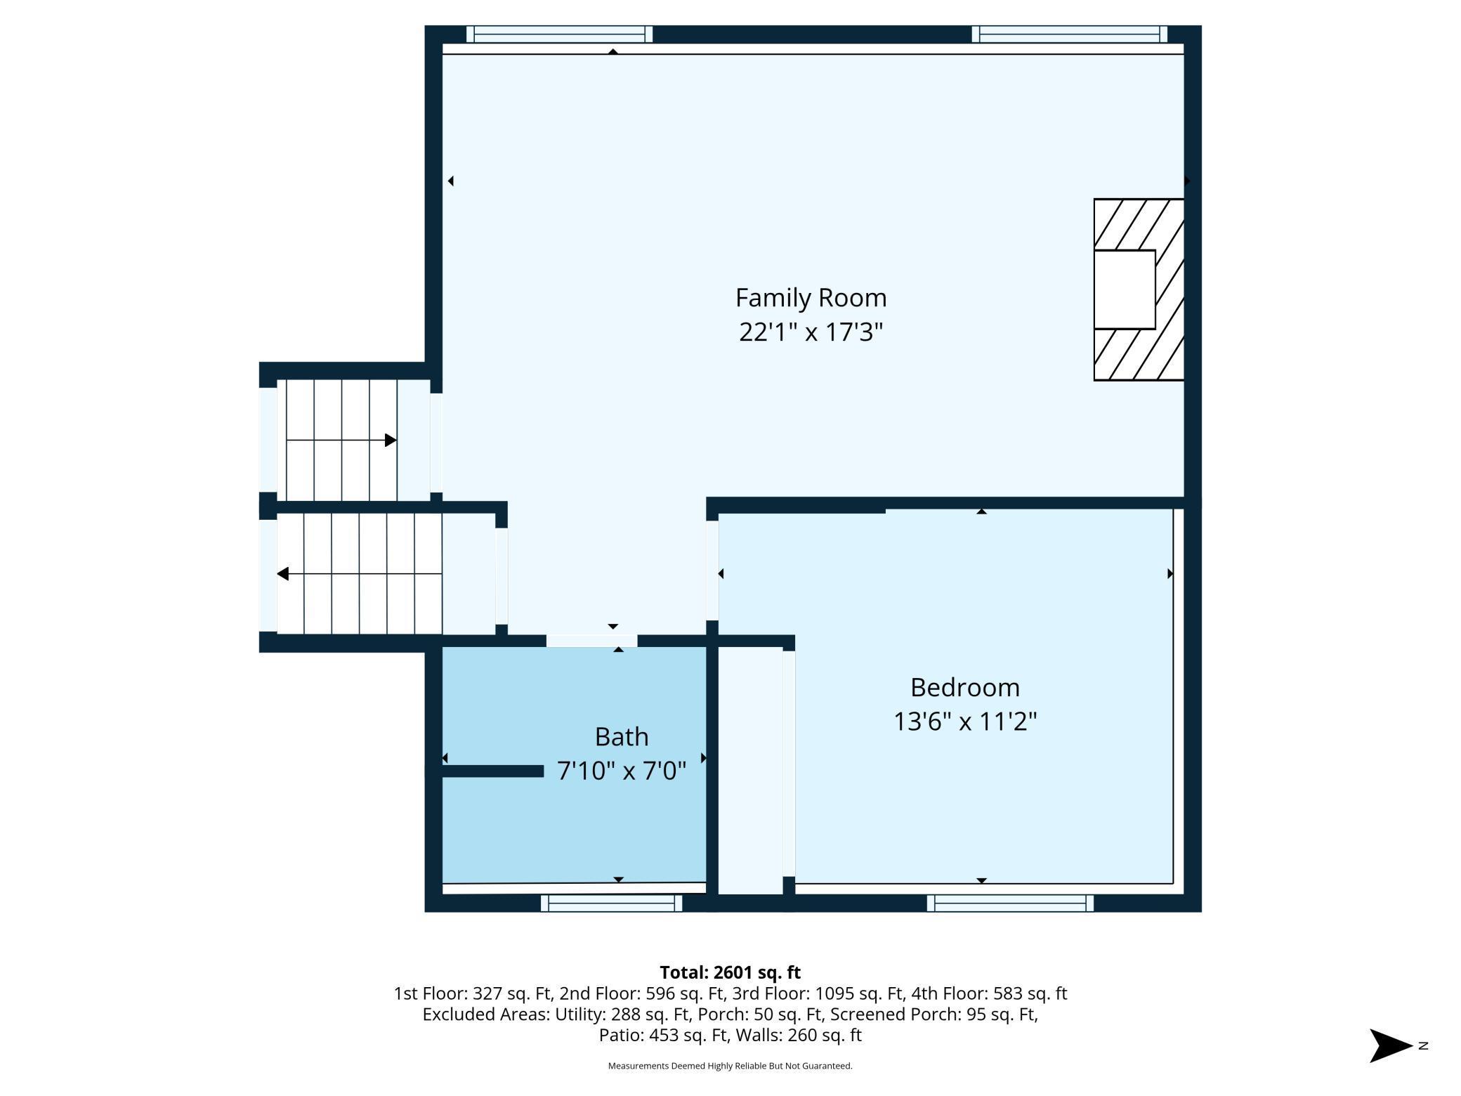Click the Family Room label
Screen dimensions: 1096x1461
(x=811, y=298)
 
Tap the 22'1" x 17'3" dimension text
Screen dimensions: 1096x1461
(x=811, y=332)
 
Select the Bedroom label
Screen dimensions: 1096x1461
(x=964, y=687)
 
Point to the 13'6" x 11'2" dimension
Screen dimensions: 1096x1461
(x=964, y=722)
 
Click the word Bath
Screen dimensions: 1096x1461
(x=621, y=736)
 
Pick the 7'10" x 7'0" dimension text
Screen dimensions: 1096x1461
(x=621, y=771)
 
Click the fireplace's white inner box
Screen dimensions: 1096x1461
(x=1124, y=289)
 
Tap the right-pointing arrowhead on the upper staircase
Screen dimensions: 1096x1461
(x=391, y=441)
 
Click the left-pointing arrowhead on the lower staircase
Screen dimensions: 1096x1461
(x=283, y=574)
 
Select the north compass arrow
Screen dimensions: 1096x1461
(x=1389, y=1045)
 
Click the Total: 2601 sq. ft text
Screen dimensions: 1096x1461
(x=730, y=972)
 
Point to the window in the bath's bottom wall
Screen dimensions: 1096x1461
(x=611, y=903)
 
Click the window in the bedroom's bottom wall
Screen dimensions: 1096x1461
(x=1010, y=903)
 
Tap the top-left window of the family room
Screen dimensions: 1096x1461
(x=559, y=34)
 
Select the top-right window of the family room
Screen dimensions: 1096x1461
(x=1069, y=34)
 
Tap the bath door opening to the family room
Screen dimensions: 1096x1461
(x=591, y=641)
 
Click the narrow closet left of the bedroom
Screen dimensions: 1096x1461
(x=750, y=770)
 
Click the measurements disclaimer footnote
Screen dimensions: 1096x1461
(x=730, y=1066)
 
